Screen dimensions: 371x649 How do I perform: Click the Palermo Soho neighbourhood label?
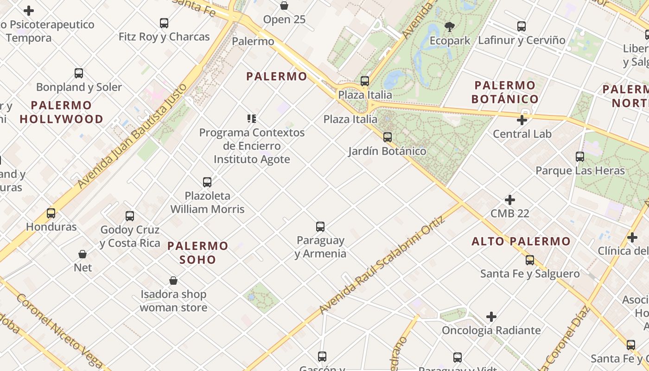click(198, 252)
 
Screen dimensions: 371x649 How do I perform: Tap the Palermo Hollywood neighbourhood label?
click(61, 112)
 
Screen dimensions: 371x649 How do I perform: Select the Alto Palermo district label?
click(521, 241)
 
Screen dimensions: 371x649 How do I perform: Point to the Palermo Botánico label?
click(505, 92)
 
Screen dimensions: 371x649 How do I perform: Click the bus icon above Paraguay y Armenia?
click(320, 227)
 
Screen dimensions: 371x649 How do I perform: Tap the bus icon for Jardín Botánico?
click(387, 137)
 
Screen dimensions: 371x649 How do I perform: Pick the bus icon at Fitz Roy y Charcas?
click(164, 23)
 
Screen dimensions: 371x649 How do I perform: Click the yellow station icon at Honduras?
click(51, 213)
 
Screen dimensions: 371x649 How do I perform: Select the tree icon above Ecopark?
click(449, 26)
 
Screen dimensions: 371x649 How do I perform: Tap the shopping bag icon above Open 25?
click(284, 6)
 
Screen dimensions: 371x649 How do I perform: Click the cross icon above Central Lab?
click(522, 121)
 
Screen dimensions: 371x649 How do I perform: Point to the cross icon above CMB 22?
click(510, 200)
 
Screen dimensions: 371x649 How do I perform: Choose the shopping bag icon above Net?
click(83, 254)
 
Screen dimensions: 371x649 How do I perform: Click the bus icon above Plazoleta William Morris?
click(207, 182)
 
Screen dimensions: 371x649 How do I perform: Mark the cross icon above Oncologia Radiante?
click(491, 317)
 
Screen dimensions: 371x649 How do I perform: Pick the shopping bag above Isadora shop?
click(173, 281)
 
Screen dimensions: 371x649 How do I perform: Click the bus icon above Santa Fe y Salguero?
click(530, 260)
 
